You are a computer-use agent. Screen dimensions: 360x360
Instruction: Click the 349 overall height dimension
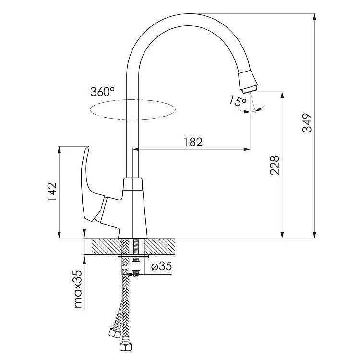(307, 122)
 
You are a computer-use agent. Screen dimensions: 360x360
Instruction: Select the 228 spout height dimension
(275, 165)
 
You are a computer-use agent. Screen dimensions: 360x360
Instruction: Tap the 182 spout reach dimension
(193, 142)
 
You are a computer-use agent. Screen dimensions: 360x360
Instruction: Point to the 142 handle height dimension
(52, 192)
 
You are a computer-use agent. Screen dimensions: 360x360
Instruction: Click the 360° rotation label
(102, 92)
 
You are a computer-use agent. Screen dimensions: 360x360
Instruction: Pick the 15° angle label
(238, 101)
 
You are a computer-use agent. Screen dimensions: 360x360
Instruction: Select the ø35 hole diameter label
(161, 266)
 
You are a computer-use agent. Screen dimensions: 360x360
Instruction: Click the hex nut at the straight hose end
(125, 347)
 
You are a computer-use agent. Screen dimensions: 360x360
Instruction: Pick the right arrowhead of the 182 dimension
(247, 149)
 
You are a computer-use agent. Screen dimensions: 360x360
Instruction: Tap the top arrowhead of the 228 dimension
(282, 96)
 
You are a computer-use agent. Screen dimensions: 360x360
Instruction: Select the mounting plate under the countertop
(133, 256)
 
